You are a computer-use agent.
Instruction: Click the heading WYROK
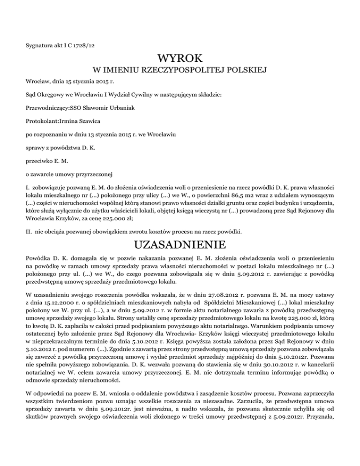(180, 59)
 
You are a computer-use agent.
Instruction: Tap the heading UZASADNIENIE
(180, 245)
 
